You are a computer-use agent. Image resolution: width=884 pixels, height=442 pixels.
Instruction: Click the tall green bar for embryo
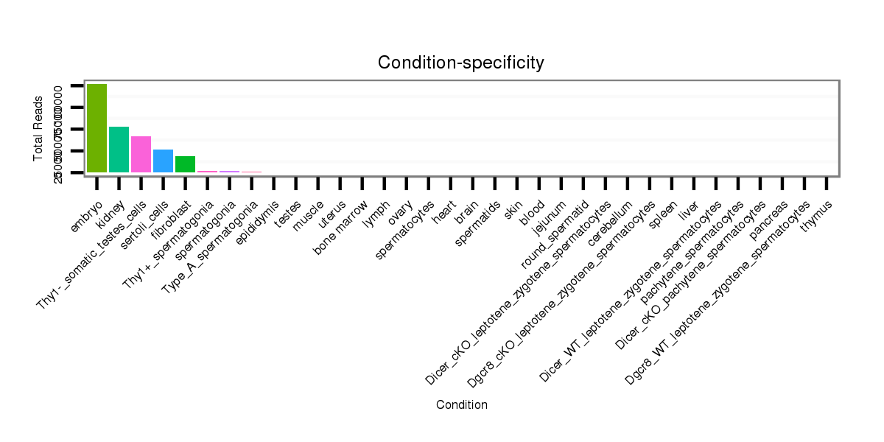tap(97, 128)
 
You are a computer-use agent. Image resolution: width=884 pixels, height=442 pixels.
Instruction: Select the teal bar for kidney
tap(119, 150)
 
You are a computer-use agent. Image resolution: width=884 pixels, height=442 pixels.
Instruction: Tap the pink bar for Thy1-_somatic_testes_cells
tap(141, 155)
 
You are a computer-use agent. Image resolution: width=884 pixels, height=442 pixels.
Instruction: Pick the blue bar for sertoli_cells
tap(163, 161)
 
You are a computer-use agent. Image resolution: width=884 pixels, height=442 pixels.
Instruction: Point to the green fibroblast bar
tap(185, 164)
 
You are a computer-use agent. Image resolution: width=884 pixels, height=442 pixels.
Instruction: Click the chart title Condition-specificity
tap(461, 63)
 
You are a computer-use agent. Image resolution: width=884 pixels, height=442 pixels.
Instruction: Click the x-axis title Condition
tap(461, 405)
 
